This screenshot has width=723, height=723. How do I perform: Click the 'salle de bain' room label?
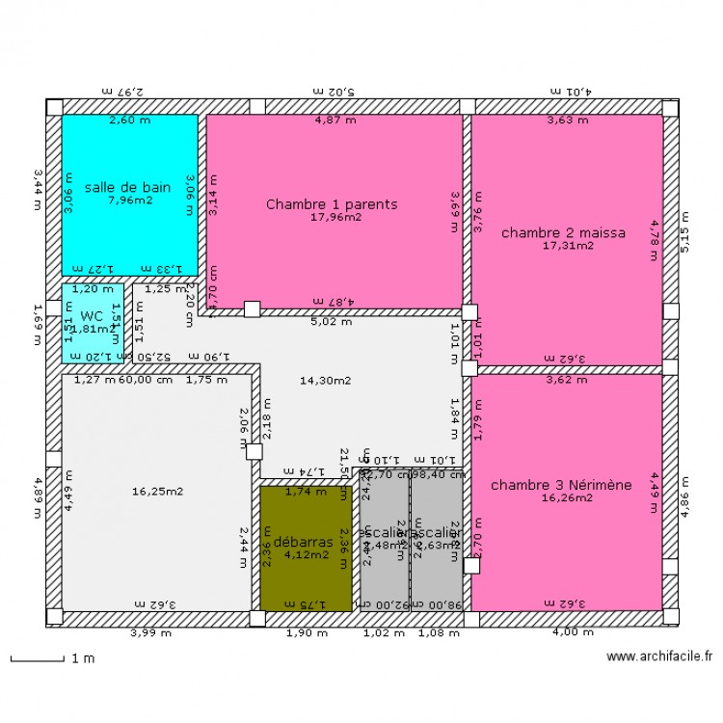pyautogui.click(x=130, y=187)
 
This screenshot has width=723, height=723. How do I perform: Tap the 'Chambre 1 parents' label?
pyautogui.click(x=332, y=204)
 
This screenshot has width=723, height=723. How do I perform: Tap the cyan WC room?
pyautogui.click(x=92, y=322)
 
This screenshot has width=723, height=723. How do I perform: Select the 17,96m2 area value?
pyautogui.click(x=335, y=218)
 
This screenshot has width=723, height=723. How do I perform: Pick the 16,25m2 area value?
pyautogui.click(x=156, y=491)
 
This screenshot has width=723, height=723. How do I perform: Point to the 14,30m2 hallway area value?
pyautogui.click(x=324, y=381)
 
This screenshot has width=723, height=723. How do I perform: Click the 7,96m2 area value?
pyautogui.click(x=130, y=201)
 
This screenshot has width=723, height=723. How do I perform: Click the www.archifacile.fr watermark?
pyautogui.click(x=659, y=656)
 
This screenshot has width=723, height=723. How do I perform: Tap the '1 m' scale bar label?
pyautogui.click(x=83, y=659)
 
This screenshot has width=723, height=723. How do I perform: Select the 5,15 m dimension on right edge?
pyautogui.click(x=685, y=232)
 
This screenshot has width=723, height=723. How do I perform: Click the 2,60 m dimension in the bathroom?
pyautogui.click(x=129, y=120)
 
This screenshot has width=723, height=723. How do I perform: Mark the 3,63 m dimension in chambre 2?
pyautogui.click(x=567, y=120)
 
